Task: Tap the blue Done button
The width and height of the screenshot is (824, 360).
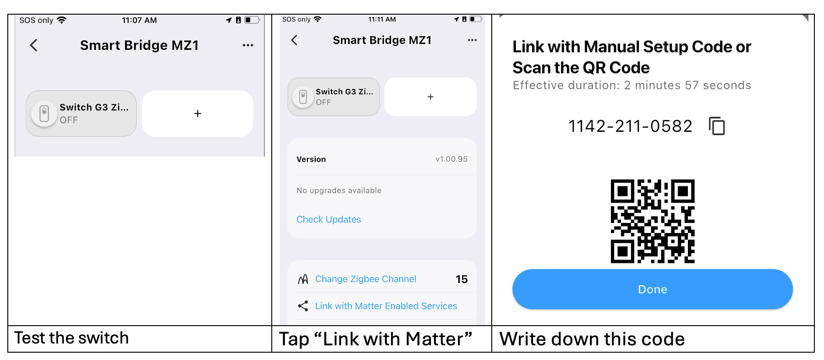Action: (x=652, y=289)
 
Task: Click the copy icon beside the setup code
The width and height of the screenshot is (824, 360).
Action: (x=717, y=126)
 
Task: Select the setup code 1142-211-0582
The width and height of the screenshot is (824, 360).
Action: (x=630, y=126)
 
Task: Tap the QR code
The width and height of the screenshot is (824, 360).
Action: (x=653, y=221)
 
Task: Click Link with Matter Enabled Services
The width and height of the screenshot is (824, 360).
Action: (x=386, y=306)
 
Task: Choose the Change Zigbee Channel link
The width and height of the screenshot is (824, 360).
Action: (x=365, y=279)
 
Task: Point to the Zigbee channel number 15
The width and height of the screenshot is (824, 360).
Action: (x=461, y=279)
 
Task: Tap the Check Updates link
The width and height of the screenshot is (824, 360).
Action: (x=329, y=219)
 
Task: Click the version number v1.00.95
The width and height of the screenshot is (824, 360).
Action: (x=451, y=159)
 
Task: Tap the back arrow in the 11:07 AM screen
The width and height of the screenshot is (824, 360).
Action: (x=33, y=45)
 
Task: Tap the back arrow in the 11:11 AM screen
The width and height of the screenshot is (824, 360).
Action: (x=294, y=40)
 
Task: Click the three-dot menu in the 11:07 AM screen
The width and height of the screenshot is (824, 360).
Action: (x=248, y=45)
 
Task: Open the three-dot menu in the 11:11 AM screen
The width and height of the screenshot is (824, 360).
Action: (x=472, y=40)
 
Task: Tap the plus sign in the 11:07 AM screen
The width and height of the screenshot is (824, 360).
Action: (x=198, y=114)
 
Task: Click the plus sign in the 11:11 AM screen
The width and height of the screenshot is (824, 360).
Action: (x=430, y=97)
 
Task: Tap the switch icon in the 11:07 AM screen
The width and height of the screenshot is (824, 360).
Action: (x=44, y=113)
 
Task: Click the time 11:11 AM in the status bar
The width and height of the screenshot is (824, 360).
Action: (x=382, y=19)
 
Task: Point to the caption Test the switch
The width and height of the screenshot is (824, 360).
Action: (x=71, y=338)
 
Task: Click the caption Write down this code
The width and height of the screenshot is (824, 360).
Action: (x=592, y=339)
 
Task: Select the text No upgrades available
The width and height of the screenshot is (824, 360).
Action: (x=339, y=191)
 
